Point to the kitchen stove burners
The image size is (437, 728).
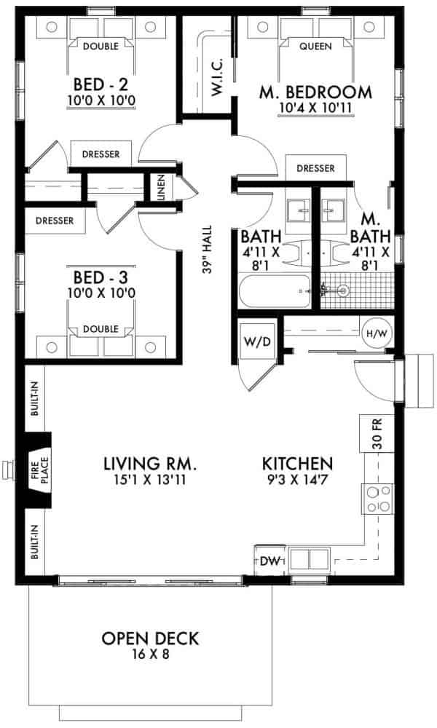coord(377,500)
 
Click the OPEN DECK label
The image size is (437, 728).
coord(149,638)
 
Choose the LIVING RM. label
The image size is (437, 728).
coord(151,463)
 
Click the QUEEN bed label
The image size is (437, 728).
coord(315,46)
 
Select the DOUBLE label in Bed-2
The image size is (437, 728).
coord(101,46)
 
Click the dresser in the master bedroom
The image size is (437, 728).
coord(315,168)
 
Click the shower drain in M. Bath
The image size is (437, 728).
coord(345,290)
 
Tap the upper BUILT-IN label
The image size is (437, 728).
coord(34,400)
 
